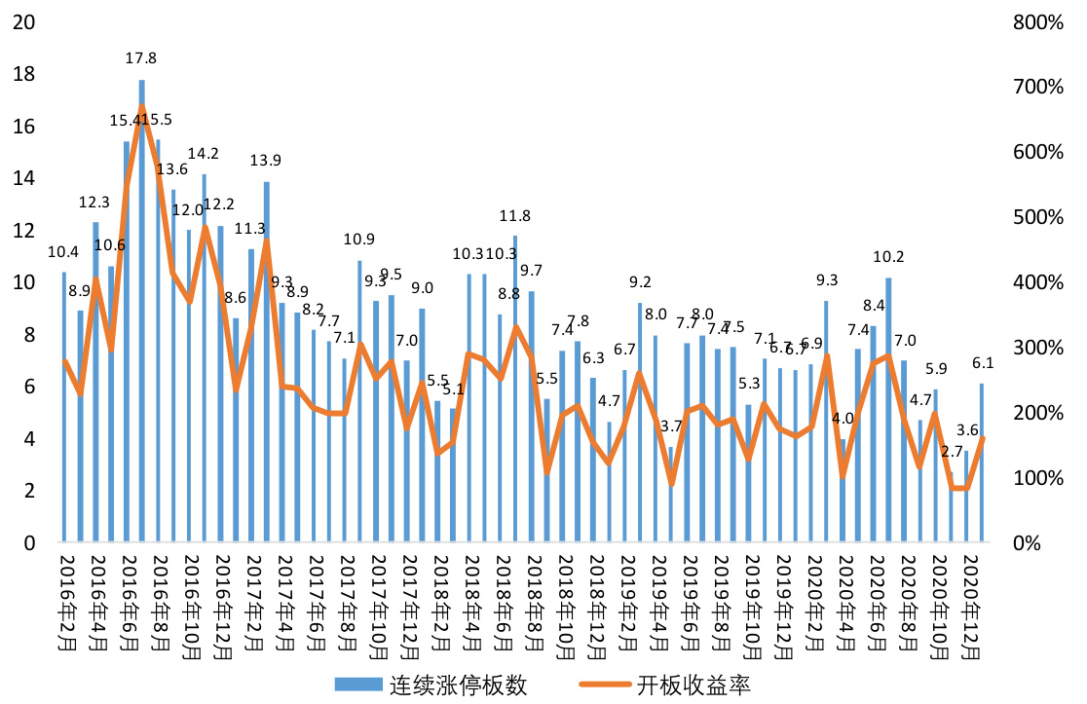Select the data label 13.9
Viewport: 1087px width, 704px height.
click(x=266, y=161)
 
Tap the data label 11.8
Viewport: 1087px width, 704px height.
click(x=515, y=216)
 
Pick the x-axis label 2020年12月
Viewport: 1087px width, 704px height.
click(x=968, y=599)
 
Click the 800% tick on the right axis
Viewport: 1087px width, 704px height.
click(x=1034, y=21)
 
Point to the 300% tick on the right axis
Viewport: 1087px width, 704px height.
click(x=1034, y=348)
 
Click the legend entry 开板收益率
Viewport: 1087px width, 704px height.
click(x=694, y=685)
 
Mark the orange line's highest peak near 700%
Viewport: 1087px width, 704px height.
click(x=142, y=107)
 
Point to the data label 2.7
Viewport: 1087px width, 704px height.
click(x=952, y=452)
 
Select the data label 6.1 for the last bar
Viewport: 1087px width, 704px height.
click(x=983, y=363)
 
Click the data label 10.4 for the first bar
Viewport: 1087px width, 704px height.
click(x=63, y=252)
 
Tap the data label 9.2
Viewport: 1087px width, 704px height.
click(x=640, y=283)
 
